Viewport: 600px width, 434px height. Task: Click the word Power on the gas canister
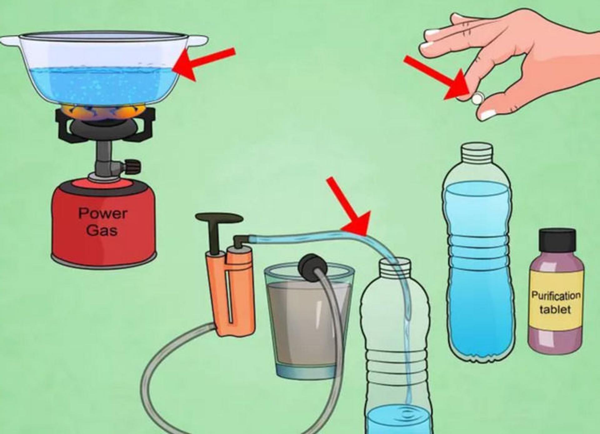pyautogui.click(x=103, y=214)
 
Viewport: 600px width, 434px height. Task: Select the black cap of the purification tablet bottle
pyautogui.click(x=557, y=240)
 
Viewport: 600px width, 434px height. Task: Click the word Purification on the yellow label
pyautogui.click(x=556, y=295)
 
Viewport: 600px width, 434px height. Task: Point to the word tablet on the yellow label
pyautogui.click(x=555, y=309)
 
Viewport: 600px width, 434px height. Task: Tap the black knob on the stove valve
pyautogui.click(x=132, y=166)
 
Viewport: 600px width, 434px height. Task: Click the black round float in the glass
pyautogui.click(x=312, y=268)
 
